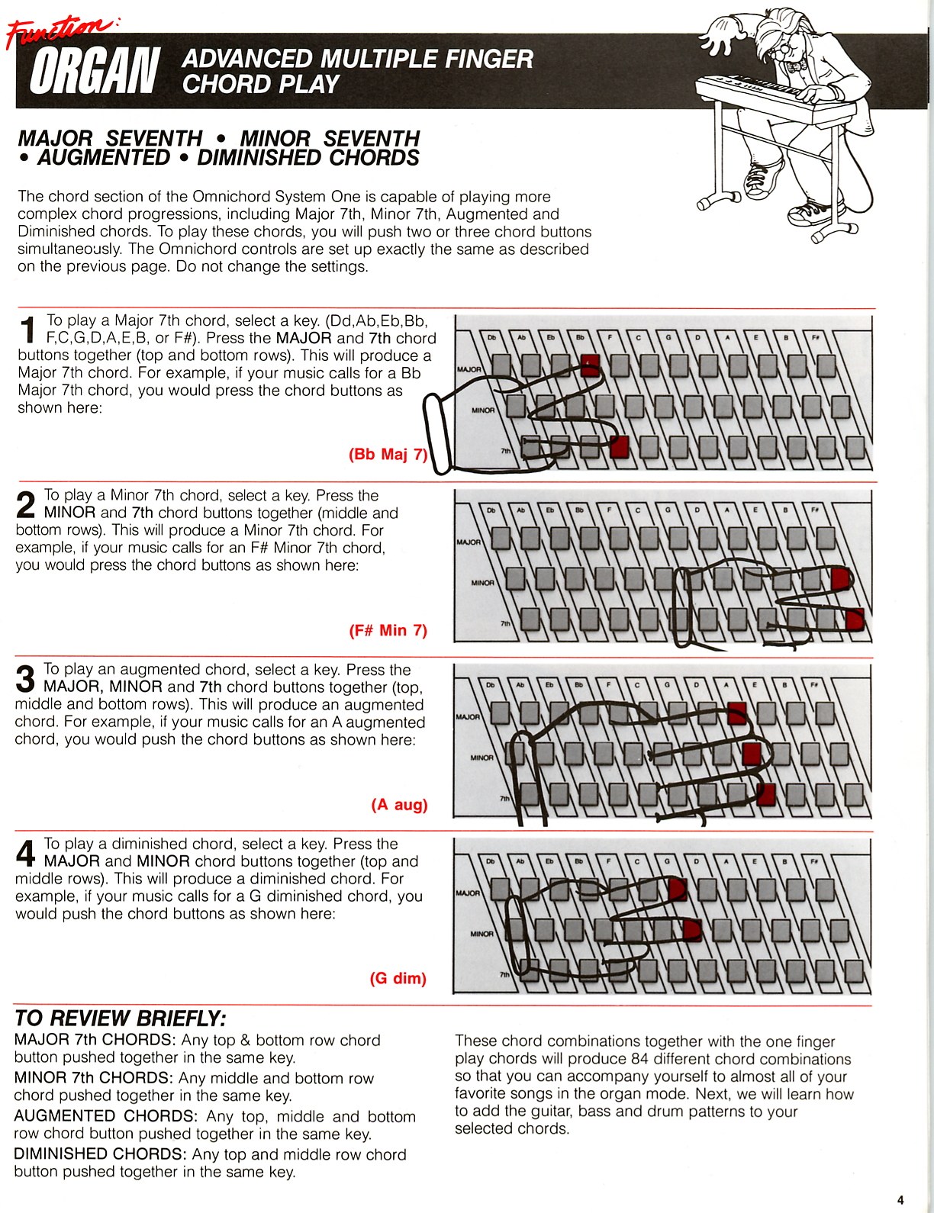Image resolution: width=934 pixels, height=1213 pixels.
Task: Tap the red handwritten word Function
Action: (x=60, y=31)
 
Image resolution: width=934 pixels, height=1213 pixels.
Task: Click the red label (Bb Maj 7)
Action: (x=388, y=455)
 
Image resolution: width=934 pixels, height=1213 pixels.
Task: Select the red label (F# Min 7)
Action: (x=388, y=631)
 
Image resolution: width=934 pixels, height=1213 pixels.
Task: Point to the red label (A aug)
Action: (x=399, y=805)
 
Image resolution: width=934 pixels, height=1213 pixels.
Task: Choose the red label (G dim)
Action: (x=398, y=979)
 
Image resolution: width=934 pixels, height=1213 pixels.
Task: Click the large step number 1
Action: (x=27, y=330)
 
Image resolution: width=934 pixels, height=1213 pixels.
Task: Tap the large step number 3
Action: (x=25, y=679)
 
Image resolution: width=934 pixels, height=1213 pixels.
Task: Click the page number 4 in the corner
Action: (x=900, y=1199)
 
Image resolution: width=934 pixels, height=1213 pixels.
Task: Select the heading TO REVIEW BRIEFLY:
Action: (x=120, y=1018)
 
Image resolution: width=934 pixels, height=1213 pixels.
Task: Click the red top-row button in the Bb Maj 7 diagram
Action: (x=590, y=365)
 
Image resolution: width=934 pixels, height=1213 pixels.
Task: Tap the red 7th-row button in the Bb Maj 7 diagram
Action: (x=619, y=448)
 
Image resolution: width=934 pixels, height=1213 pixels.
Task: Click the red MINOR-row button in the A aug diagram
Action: (x=752, y=754)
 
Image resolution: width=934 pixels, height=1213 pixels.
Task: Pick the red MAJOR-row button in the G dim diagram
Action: (x=678, y=889)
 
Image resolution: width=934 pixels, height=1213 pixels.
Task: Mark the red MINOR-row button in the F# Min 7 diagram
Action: (x=840, y=578)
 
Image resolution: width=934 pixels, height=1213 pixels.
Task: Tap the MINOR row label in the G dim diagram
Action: (x=481, y=933)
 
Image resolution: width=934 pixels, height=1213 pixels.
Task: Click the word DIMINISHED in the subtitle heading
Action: (x=260, y=158)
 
